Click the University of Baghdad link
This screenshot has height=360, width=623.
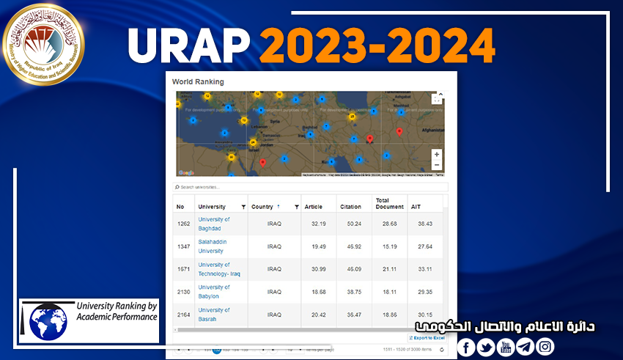pos(213,223)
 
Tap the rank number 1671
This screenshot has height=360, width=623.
pos(183,269)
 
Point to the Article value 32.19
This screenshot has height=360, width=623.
pos(318,224)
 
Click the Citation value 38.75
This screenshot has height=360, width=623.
pos(354,292)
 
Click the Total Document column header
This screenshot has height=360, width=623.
pos(389,203)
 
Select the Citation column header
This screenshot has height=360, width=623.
pos(351,207)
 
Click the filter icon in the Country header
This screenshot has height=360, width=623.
pos(297,207)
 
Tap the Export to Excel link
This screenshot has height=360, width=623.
pos(427,337)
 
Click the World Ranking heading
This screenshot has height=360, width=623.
pos(198,81)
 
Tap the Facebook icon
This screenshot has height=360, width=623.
pos(466,347)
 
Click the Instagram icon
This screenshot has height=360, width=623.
pos(545,347)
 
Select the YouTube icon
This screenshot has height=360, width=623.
pos(506,347)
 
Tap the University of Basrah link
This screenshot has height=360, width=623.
pos(213,314)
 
